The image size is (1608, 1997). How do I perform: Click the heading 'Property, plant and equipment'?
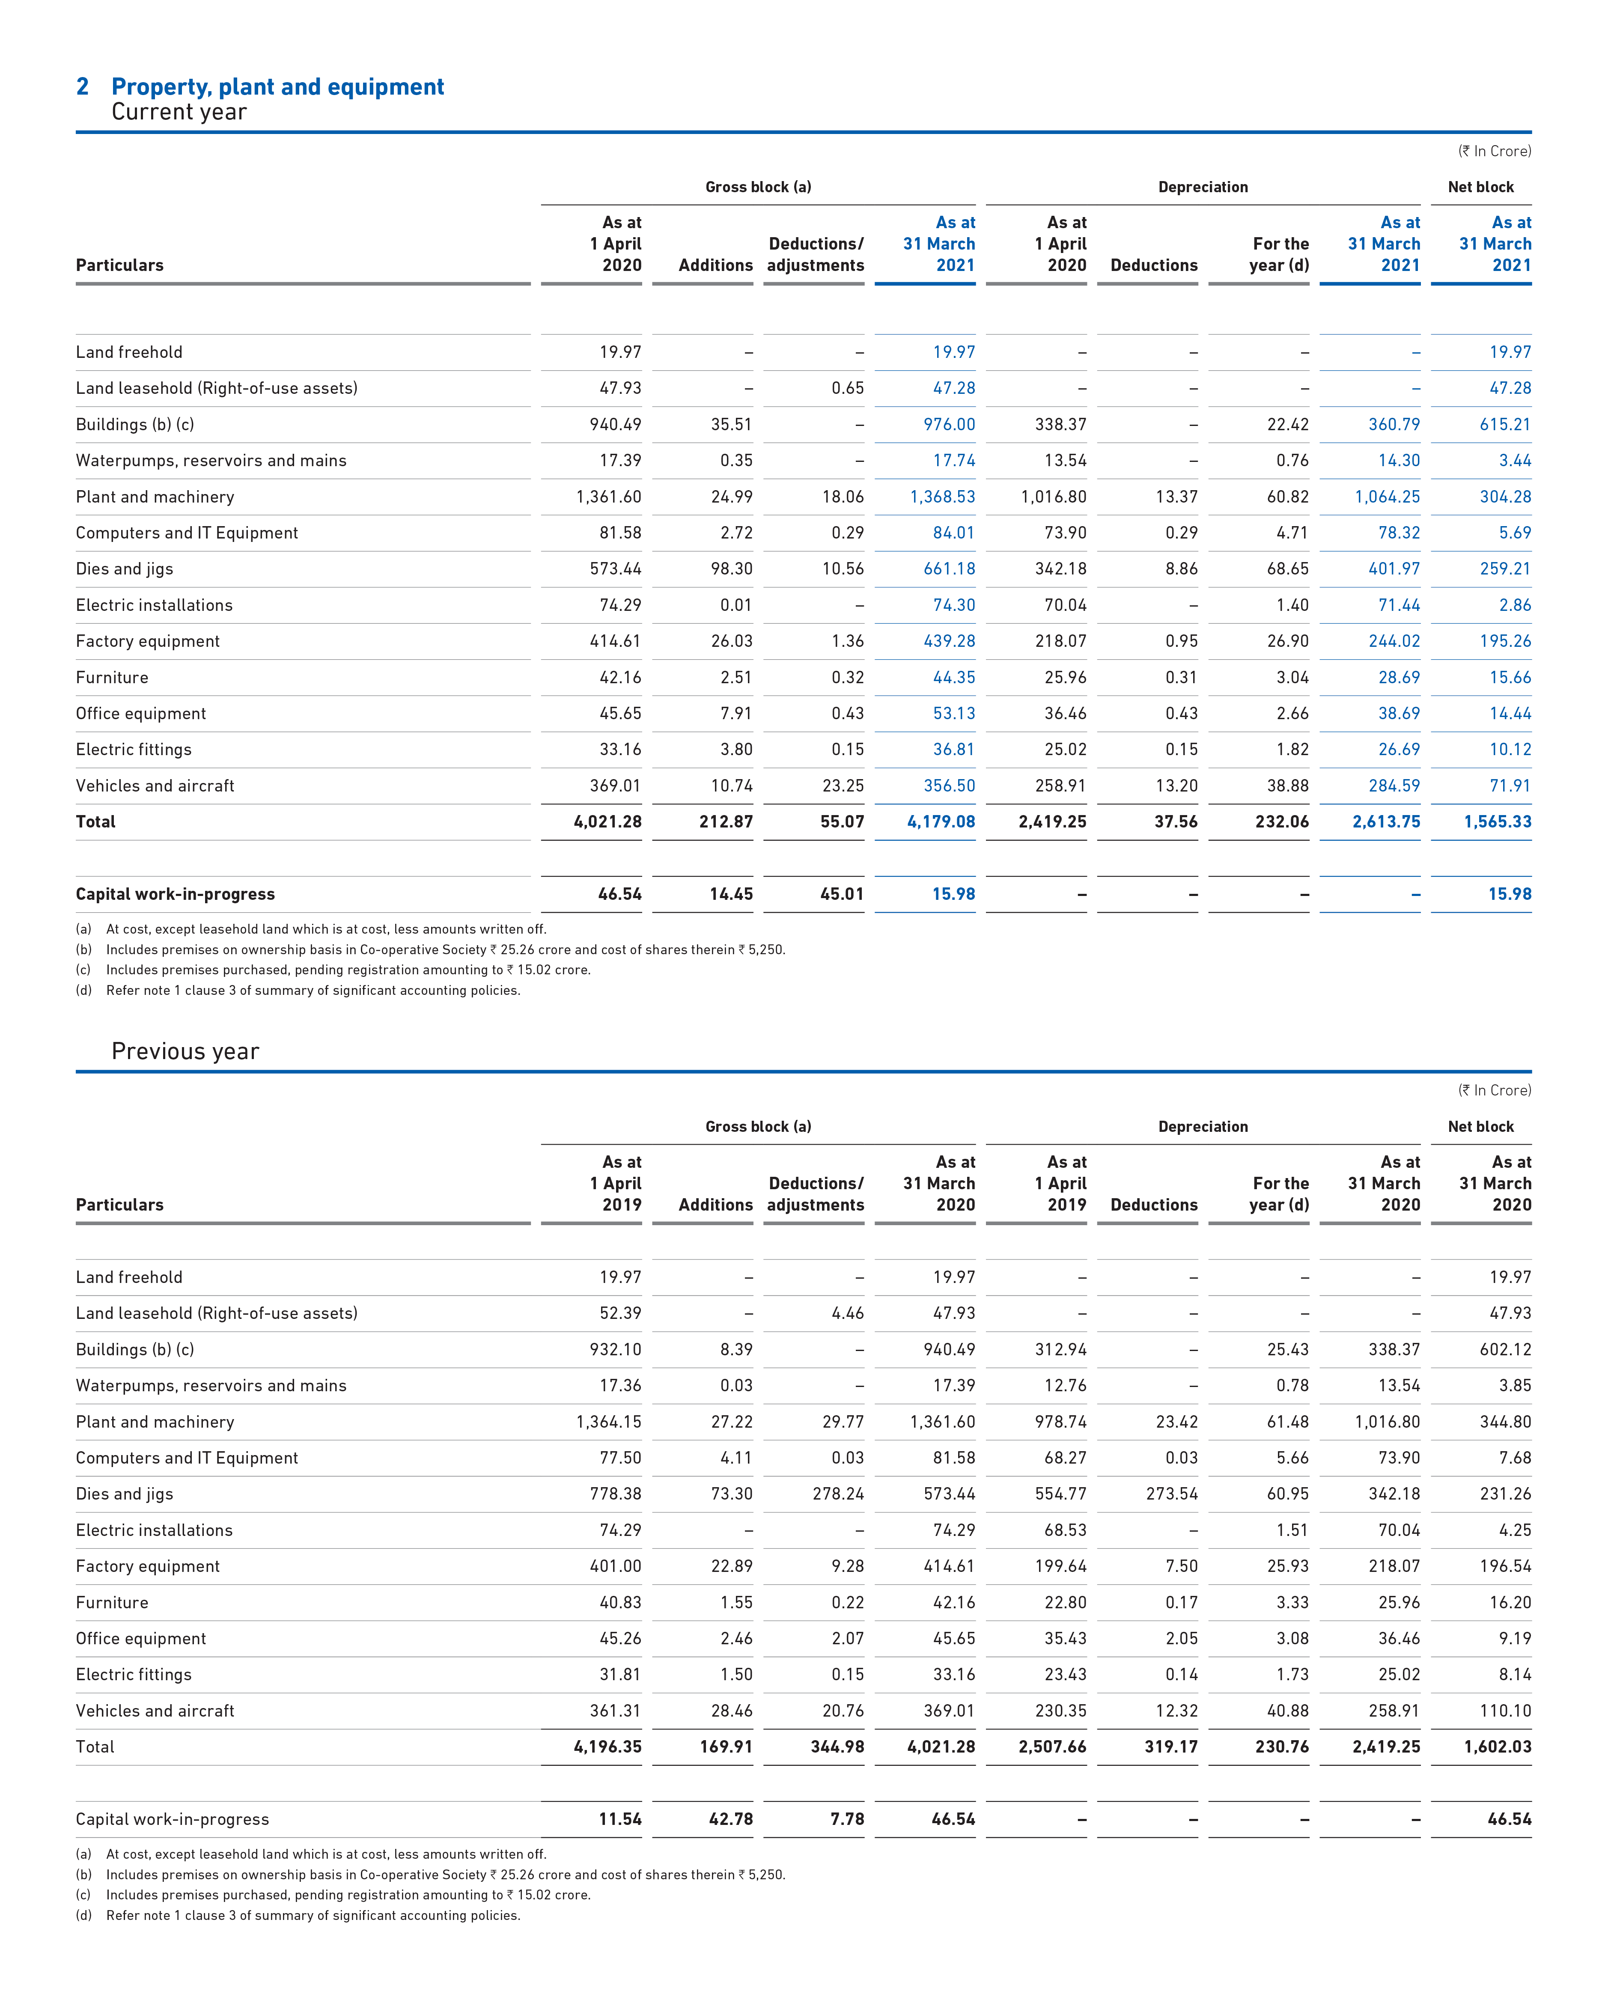pyautogui.click(x=278, y=87)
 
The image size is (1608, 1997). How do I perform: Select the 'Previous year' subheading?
pyautogui.click(x=185, y=1051)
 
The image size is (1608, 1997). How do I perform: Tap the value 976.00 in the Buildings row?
pyautogui.click(x=950, y=424)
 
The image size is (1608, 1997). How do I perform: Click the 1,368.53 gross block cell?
pyautogui.click(x=943, y=497)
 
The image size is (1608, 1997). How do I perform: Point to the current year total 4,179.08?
pyautogui.click(x=941, y=821)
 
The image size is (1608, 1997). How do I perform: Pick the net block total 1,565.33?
pyautogui.click(x=1498, y=821)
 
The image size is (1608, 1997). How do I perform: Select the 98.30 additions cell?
pyautogui.click(x=732, y=569)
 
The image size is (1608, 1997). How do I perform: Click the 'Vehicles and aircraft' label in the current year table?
pyautogui.click(x=155, y=786)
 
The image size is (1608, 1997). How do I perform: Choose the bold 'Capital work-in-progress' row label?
pyautogui.click(x=175, y=894)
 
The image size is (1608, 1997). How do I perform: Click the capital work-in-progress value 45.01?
pyautogui.click(x=842, y=894)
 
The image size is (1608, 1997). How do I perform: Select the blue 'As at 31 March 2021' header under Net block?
pyautogui.click(x=1495, y=244)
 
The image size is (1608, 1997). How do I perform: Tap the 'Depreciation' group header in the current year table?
pyautogui.click(x=1203, y=187)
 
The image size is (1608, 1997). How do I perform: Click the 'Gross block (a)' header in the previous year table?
pyautogui.click(x=759, y=1126)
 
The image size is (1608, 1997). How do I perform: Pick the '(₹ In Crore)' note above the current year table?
pyautogui.click(x=1495, y=151)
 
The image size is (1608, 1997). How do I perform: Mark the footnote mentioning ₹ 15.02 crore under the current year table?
pyautogui.click(x=334, y=970)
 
